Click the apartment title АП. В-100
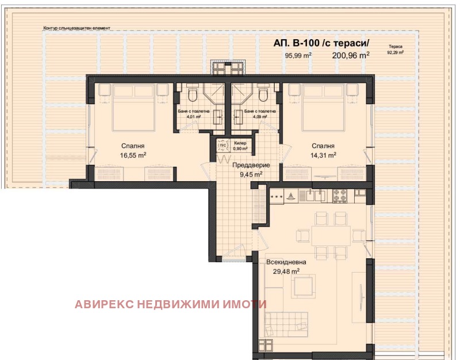[x=296, y=43]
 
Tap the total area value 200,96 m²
[x=351, y=55]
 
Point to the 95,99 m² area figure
[x=298, y=55]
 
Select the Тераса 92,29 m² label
[x=396, y=49]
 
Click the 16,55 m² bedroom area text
[x=133, y=155]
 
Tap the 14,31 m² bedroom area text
[x=323, y=155]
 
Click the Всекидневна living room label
[x=286, y=262]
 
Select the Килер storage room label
[x=240, y=143]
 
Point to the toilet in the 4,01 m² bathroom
[x=193, y=94]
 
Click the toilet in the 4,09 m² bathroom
[x=263, y=94]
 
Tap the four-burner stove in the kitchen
[x=340, y=196]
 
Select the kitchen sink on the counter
[x=315, y=196]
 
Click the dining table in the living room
[x=331, y=236]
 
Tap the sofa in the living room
[x=286, y=325]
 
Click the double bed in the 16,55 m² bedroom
[x=133, y=108]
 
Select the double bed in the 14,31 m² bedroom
[x=323, y=108]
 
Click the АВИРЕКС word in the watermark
[x=105, y=304]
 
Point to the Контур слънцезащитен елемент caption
[x=77, y=28]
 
